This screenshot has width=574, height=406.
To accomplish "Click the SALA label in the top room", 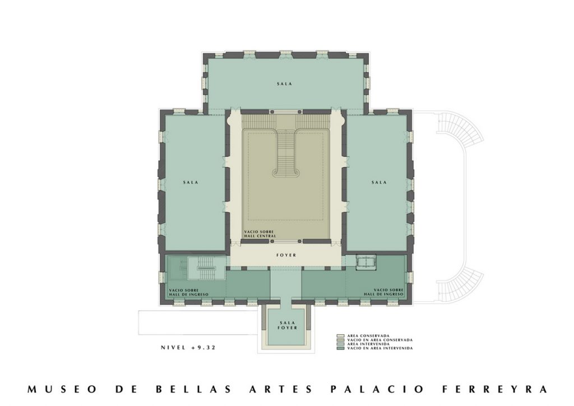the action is pyautogui.click(x=284, y=84).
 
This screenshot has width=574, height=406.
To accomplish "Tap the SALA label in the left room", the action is pyautogui.click(x=191, y=182).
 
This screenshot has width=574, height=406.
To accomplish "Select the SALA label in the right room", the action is pyautogui.click(x=379, y=182).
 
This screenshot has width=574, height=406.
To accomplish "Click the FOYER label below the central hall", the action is pyautogui.click(x=286, y=255).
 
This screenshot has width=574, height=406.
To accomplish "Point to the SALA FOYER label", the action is pyautogui.click(x=287, y=325).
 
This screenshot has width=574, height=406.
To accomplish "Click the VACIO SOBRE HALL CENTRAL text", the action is pyautogui.click(x=260, y=234).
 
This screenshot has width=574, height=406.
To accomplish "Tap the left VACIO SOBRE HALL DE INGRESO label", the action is pyautogui.click(x=188, y=292).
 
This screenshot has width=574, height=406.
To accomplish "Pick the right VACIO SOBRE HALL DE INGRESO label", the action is pyautogui.click(x=383, y=292).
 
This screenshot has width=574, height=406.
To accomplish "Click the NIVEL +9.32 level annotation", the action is pyautogui.click(x=188, y=348).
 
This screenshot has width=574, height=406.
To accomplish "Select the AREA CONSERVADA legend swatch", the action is pyautogui.click(x=340, y=336).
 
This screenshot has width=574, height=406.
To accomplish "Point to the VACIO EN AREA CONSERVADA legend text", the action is pyautogui.click(x=379, y=340).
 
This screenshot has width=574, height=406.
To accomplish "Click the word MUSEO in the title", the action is pyautogui.click(x=62, y=389).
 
